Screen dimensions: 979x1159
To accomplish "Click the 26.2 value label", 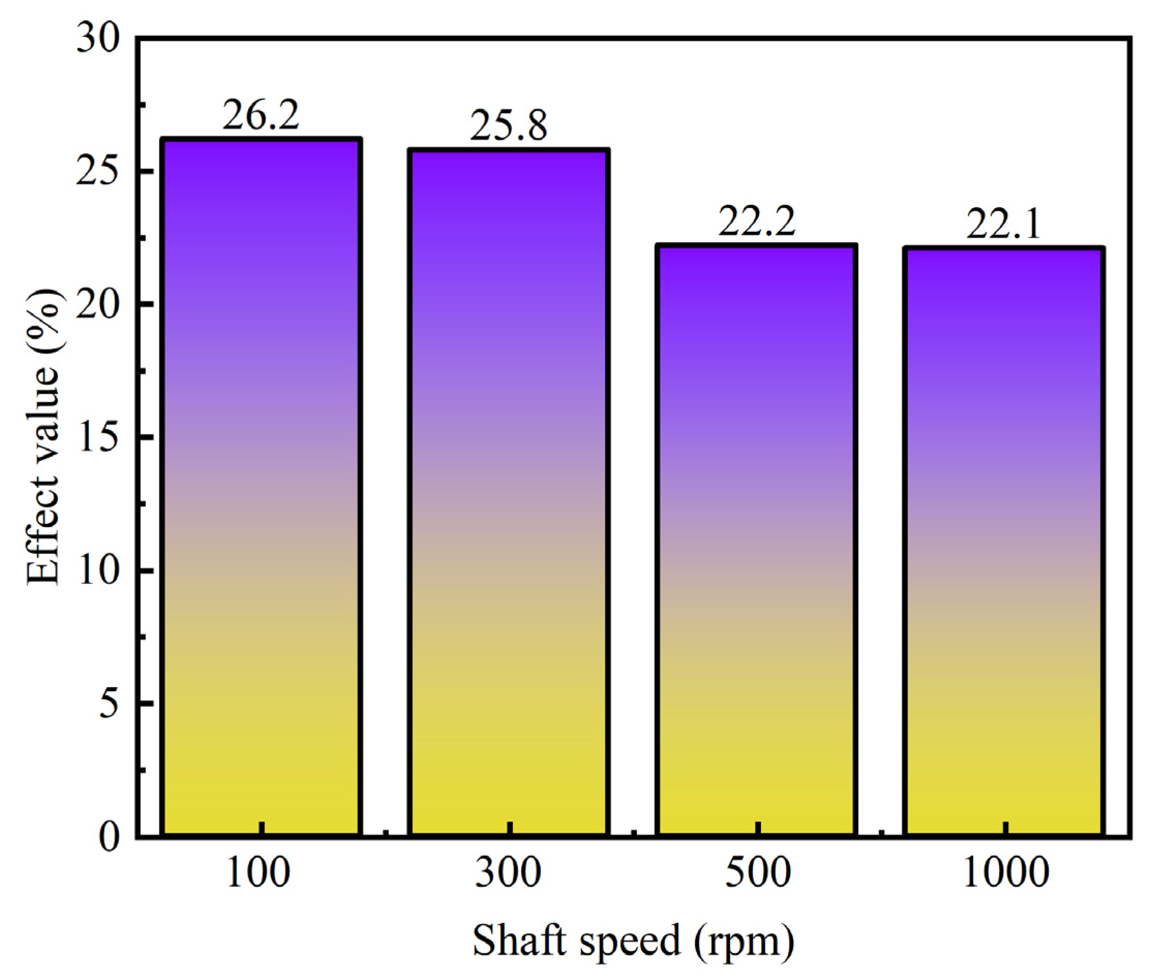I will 261,115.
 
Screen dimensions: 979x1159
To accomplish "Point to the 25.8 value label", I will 509,125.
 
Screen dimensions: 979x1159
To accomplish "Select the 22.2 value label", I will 756,221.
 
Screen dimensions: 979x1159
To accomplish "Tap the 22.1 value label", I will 1004,224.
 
